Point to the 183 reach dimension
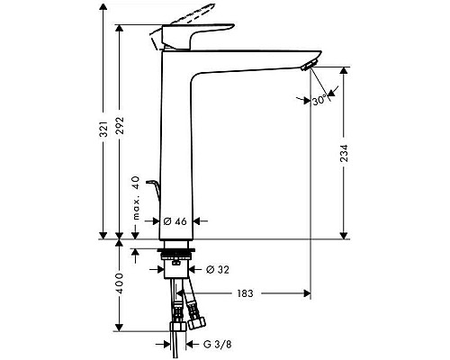click(245, 293)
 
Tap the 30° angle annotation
click(318, 102)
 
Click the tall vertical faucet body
click(175, 144)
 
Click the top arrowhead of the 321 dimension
click(105, 11)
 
